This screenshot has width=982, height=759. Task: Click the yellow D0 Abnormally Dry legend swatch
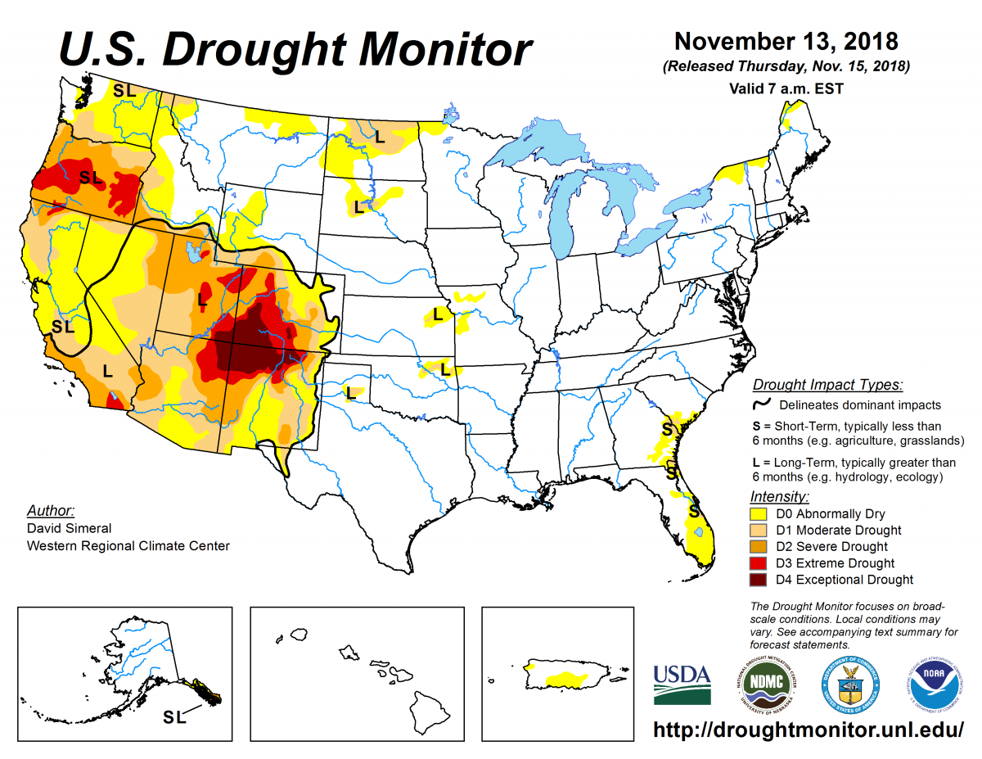click(x=759, y=514)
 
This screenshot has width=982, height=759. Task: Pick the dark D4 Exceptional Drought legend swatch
click(x=759, y=580)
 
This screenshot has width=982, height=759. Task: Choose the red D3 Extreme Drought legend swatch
click(x=759, y=563)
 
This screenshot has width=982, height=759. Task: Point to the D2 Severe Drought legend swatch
click(x=759, y=547)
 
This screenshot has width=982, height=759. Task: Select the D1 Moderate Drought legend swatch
click(x=759, y=531)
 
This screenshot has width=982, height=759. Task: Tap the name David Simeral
click(x=69, y=528)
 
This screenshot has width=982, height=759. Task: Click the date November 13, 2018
click(x=786, y=41)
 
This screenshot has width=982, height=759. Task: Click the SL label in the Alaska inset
click(x=174, y=717)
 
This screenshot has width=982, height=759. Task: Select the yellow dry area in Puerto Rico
click(x=565, y=679)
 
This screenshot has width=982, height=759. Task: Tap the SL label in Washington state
click(x=124, y=91)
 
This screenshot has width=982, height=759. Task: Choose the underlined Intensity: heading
click(x=780, y=497)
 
